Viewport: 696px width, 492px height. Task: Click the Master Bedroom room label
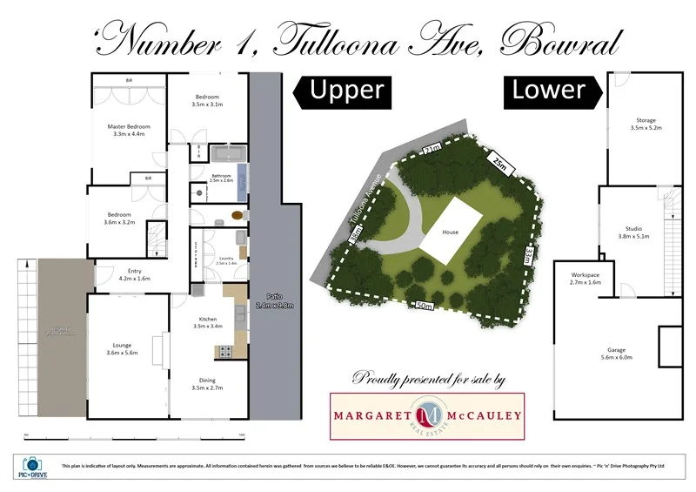pyautogui.click(x=127, y=131)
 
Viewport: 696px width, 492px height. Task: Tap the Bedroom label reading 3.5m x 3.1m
pyautogui.click(x=207, y=100)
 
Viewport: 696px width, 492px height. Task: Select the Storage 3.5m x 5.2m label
pyautogui.click(x=646, y=124)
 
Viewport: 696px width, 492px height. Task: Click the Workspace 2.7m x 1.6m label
pyautogui.click(x=585, y=279)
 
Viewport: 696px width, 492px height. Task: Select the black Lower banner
pyautogui.click(x=546, y=90)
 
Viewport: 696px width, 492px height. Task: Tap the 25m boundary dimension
pyautogui.click(x=497, y=164)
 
